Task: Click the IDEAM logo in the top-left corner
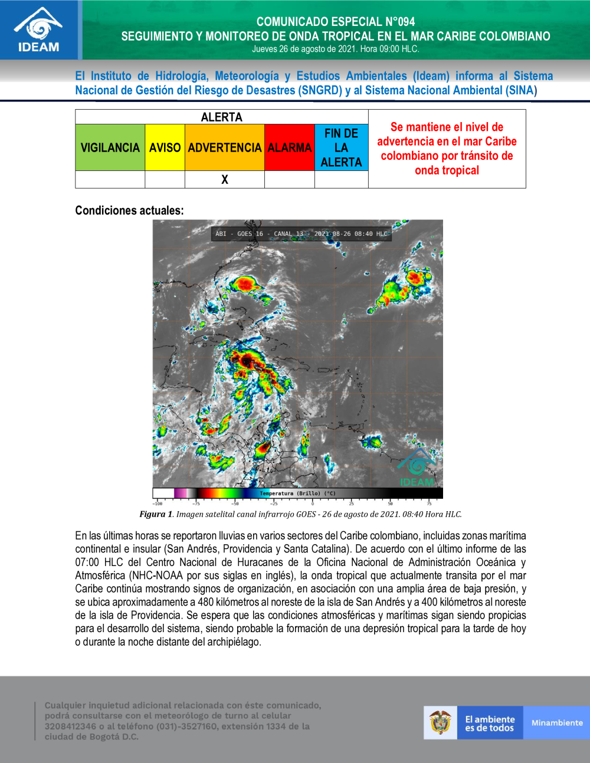pos(39,29)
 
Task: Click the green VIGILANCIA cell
pos(110,147)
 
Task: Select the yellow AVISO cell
pos(165,147)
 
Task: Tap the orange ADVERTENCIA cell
pos(224,147)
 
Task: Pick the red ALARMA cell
pos(289,147)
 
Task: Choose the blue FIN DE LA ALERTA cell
pos(341,147)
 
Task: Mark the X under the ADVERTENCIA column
pos(225,180)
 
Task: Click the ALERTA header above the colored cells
pos(221,117)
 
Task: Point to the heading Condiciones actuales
pos(129,211)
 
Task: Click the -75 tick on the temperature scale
pos(196,503)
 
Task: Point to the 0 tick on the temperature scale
pos(313,503)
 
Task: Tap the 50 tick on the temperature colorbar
pos(391,503)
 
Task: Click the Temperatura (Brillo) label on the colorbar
pos(297,494)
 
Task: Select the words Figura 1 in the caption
pos(156,514)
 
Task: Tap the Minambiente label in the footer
pos(556,723)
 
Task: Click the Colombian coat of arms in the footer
pos(440,723)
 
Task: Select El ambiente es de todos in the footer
pos(490,723)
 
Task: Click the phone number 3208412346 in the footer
pos(70,726)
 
